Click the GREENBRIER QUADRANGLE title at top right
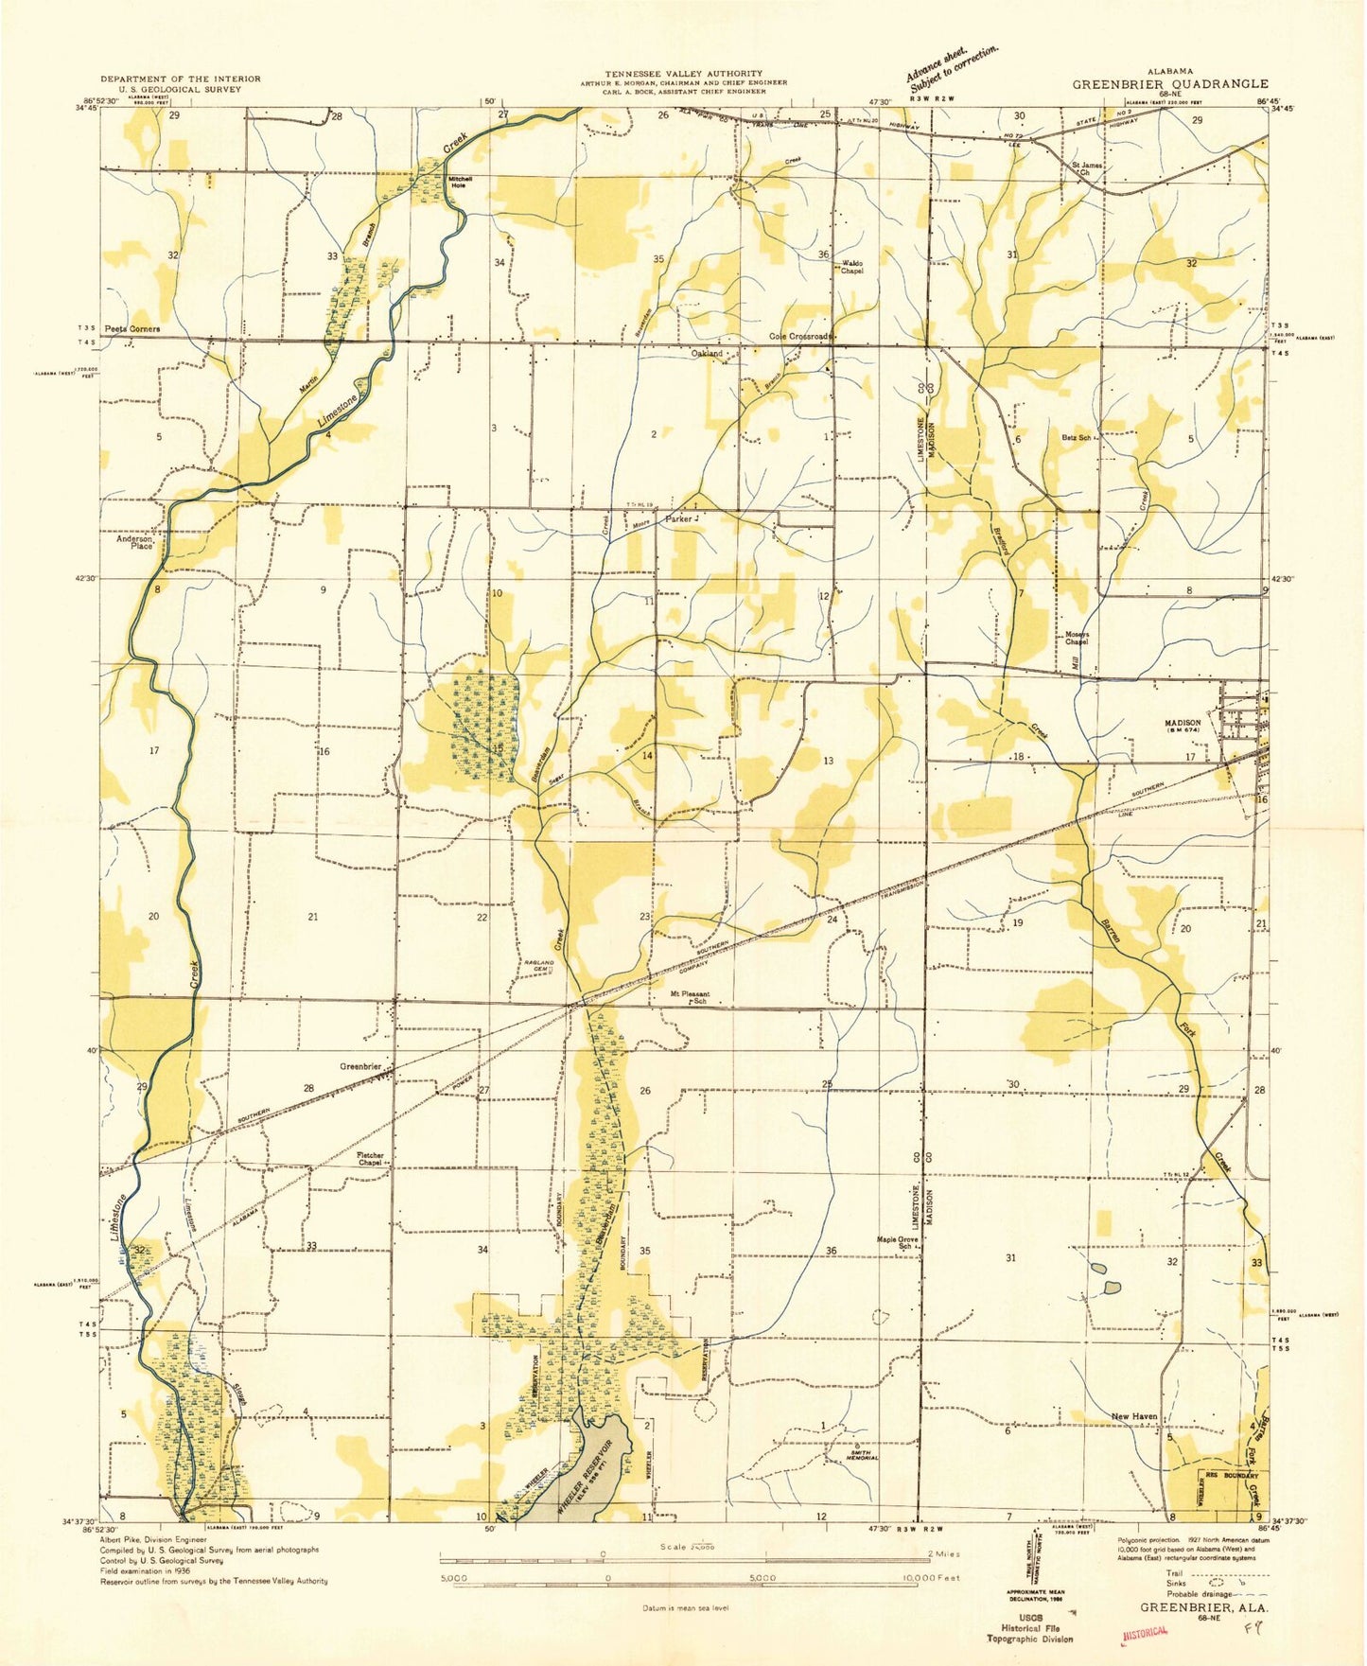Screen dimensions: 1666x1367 pos(1169,83)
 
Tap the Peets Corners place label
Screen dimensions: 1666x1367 pos(131,329)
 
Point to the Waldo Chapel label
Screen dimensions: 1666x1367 pos(847,268)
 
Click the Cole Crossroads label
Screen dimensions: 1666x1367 pos(800,336)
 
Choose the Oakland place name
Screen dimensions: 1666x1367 pos(707,353)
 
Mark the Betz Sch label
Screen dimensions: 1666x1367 pos(1077,438)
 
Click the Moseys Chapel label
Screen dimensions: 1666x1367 pos(1077,638)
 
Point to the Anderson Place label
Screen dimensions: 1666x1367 pos(134,542)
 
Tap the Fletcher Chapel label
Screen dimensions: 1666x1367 pos(370,1159)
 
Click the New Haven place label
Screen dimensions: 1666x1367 pos(1133,1416)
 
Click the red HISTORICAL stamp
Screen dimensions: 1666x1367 pos(1145,1633)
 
